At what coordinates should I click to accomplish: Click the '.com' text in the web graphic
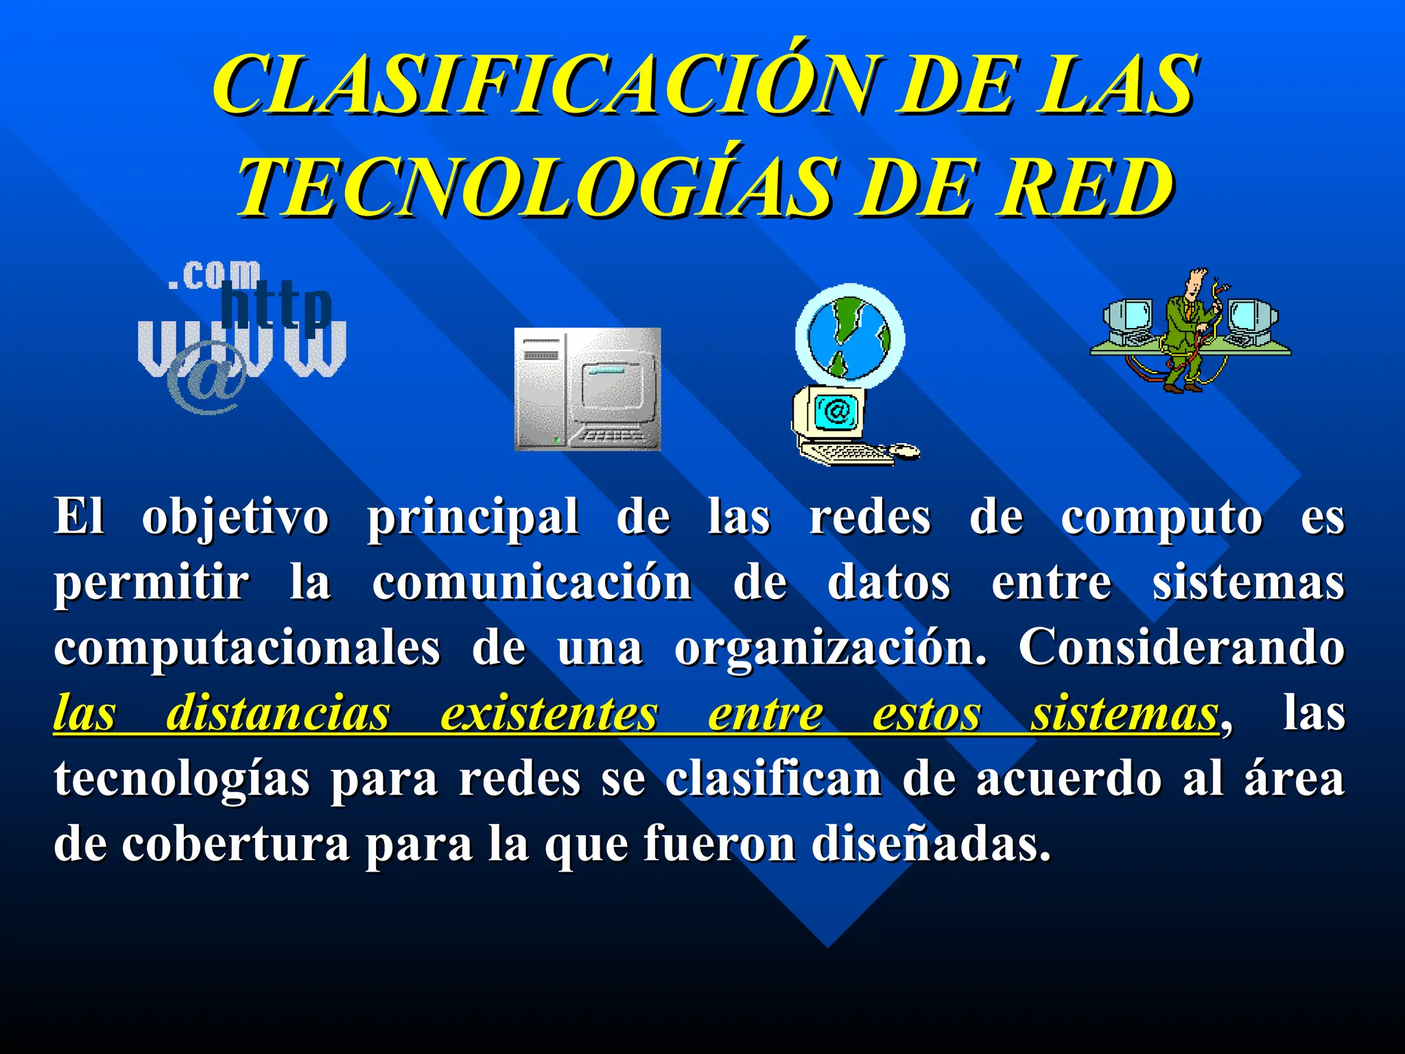214,276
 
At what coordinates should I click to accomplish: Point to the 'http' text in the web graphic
276,306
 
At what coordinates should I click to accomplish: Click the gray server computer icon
587,389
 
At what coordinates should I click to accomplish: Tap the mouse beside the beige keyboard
904,450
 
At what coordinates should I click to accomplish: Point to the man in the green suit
1185,329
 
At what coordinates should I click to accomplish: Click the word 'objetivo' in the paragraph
235,518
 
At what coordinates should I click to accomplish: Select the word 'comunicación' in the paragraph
532,583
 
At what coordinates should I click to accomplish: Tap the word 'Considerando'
1180,648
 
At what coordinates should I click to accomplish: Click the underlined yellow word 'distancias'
278,714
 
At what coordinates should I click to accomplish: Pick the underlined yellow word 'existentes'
549,714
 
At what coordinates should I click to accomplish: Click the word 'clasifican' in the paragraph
773,780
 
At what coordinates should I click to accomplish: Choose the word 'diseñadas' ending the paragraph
930,844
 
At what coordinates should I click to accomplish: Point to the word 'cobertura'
236,844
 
